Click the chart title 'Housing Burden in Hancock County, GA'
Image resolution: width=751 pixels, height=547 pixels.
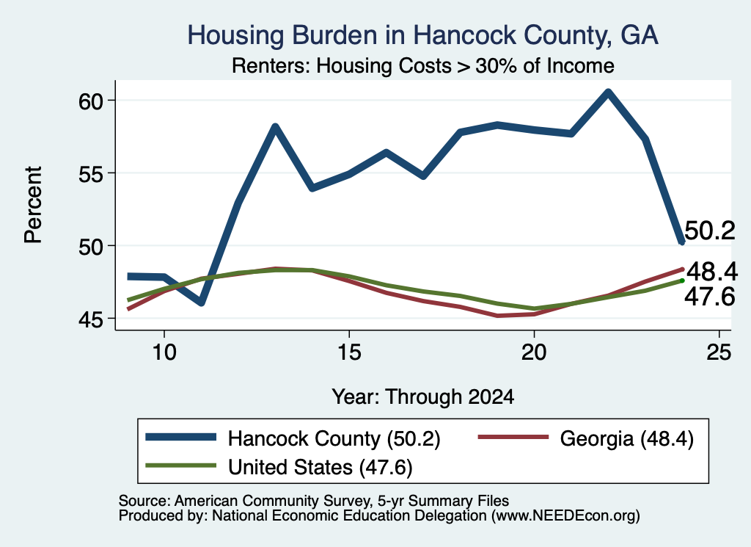click(x=422, y=35)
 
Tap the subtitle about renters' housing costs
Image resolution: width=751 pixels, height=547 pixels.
click(x=423, y=65)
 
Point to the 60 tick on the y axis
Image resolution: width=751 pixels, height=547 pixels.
click(x=91, y=101)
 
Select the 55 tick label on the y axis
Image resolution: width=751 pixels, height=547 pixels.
click(x=91, y=173)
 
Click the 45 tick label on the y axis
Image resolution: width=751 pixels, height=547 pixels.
click(x=91, y=319)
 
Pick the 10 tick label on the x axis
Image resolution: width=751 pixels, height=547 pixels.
click(x=164, y=352)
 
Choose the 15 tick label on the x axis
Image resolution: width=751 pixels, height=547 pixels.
click(x=349, y=352)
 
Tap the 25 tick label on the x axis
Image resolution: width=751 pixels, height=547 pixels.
click(x=719, y=352)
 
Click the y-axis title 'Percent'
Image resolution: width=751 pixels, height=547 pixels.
click(x=34, y=205)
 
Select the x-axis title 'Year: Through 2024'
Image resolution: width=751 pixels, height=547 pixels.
click(x=423, y=397)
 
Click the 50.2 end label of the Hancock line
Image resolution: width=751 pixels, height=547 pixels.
click(x=710, y=231)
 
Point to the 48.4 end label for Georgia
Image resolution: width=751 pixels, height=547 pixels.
click(x=712, y=272)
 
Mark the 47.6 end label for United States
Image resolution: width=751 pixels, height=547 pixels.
click(x=709, y=297)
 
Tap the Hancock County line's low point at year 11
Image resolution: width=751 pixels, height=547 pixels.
click(x=201, y=302)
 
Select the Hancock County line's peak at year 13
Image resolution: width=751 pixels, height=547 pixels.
click(x=275, y=126)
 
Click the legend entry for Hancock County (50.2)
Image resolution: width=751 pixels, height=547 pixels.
click(x=293, y=438)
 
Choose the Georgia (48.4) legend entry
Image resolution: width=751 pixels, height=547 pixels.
click(x=586, y=438)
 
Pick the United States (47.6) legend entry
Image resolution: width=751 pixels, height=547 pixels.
click(x=279, y=467)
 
